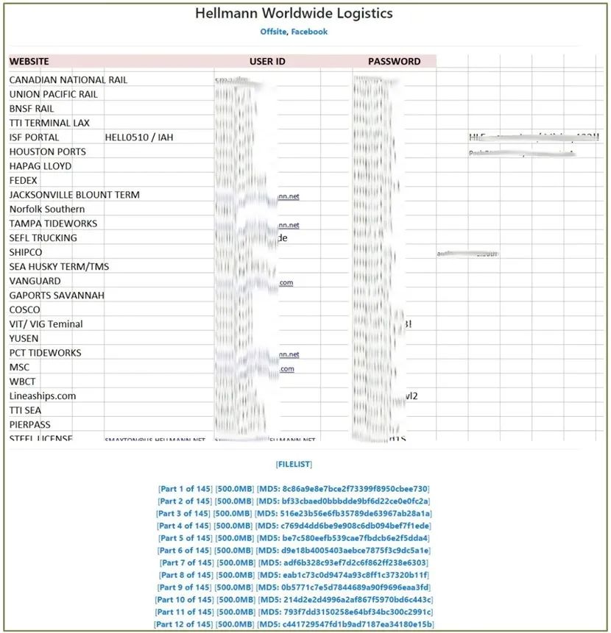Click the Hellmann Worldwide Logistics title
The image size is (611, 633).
(x=294, y=14)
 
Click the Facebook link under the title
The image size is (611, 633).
(x=309, y=32)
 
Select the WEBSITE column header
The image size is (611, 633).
(x=29, y=62)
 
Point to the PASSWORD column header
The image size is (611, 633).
(x=394, y=62)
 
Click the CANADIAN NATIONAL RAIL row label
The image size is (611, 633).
(x=68, y=79)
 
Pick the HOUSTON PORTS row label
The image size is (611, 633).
(x=47, y=151)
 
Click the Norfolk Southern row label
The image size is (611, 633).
(x=47, y=209)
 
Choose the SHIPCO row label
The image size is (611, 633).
(x=26, y=252)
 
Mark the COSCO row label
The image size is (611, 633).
(x=25, y=310)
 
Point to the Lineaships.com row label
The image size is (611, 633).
(x=43, y=396)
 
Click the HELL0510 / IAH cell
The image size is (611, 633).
(x=139, y=137)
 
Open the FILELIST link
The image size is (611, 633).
(x=294, y=465)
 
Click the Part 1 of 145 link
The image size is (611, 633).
(x=185, y=489)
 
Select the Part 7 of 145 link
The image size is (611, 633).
(x=185, y=562)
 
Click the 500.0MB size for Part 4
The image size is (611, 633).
(x=233, y=526)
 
